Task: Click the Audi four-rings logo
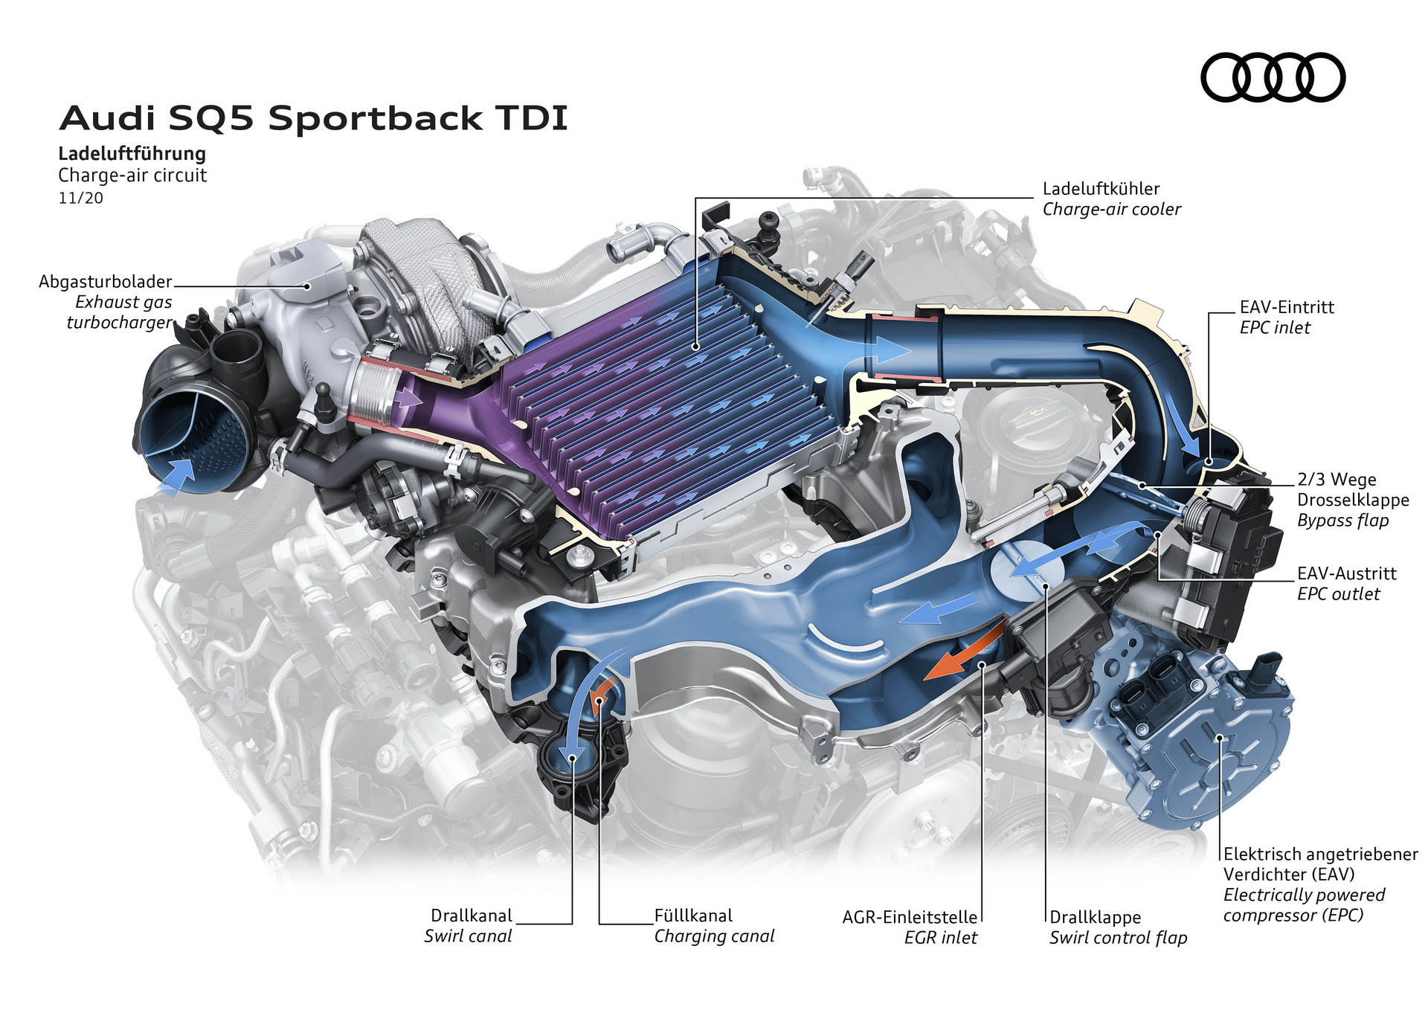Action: click(x=1273, y=77)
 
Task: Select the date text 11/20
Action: click(x=80, y=199)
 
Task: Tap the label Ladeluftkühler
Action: click(x=1101, y=189)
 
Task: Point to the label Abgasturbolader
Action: click(x=105, y=282)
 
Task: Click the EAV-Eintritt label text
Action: click(x=1286, y=307)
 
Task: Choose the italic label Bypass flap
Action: click(x=1342, y=521)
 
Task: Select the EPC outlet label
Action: click(x=1338, y=594)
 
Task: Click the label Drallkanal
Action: click(x=471, y=916)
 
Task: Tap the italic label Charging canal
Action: click(x=714, y=936)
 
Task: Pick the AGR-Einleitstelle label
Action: click(x=909, y=918)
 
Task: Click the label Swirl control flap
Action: click(x=1118, y=938)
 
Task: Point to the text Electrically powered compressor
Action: click(x=1304, y=905)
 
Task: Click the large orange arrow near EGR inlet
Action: click(x=964, y=652)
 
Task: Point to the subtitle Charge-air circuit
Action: click(x=132, y=176)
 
